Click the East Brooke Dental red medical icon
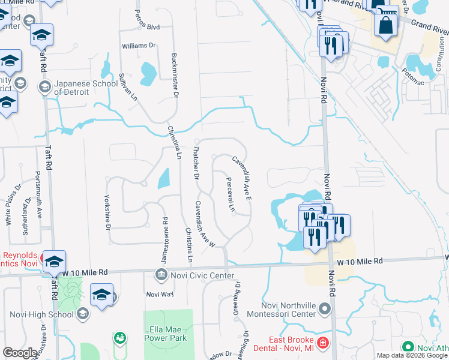coord(323,343)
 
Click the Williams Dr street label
coord(139,46)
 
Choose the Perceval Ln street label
coord(231,194)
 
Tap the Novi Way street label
coord(160,294)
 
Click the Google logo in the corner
coord(20,353)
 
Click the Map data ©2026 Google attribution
coord(412,355)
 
